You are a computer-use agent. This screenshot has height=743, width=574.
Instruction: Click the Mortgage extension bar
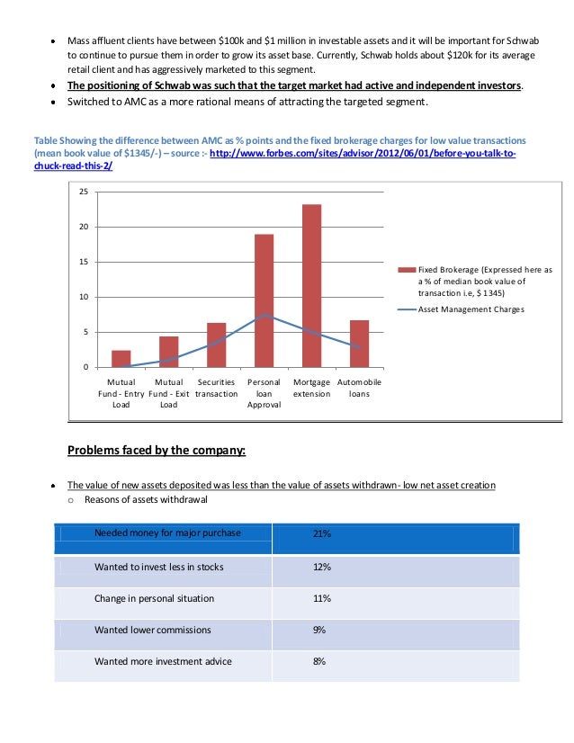(311, 285)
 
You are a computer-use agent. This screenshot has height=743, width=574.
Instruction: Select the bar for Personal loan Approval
(264, 300)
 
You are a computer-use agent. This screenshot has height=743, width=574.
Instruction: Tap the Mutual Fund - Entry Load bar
(121, 358)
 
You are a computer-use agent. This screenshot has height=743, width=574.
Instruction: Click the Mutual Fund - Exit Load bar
(168, 351)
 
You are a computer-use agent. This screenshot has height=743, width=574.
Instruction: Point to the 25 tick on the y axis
(84, 192)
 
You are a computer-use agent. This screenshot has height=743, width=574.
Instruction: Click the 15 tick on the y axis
(84, 262)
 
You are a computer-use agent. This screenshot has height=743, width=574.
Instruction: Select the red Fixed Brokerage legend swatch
(406, 269)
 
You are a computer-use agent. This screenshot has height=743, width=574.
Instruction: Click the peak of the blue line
(264, 315)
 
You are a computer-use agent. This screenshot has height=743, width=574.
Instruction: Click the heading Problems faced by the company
(157, 450)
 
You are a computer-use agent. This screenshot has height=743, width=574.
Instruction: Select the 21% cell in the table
(321, 533)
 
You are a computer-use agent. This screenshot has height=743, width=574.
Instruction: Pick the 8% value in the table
(318, 661)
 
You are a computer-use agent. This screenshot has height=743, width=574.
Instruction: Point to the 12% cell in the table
(321, 567)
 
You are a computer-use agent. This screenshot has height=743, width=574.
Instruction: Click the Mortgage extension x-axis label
(311, 388)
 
